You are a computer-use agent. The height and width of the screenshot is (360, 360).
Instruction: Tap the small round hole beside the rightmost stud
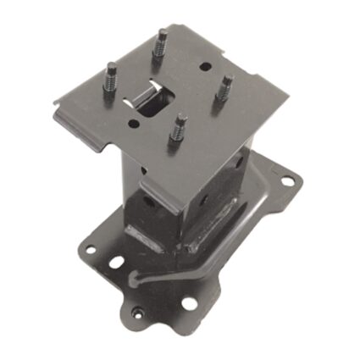coord(205,66)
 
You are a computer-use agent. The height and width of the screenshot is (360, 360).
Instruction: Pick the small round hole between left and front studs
coord(133,124)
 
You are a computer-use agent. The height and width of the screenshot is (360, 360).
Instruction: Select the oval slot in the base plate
coord(115,263)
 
